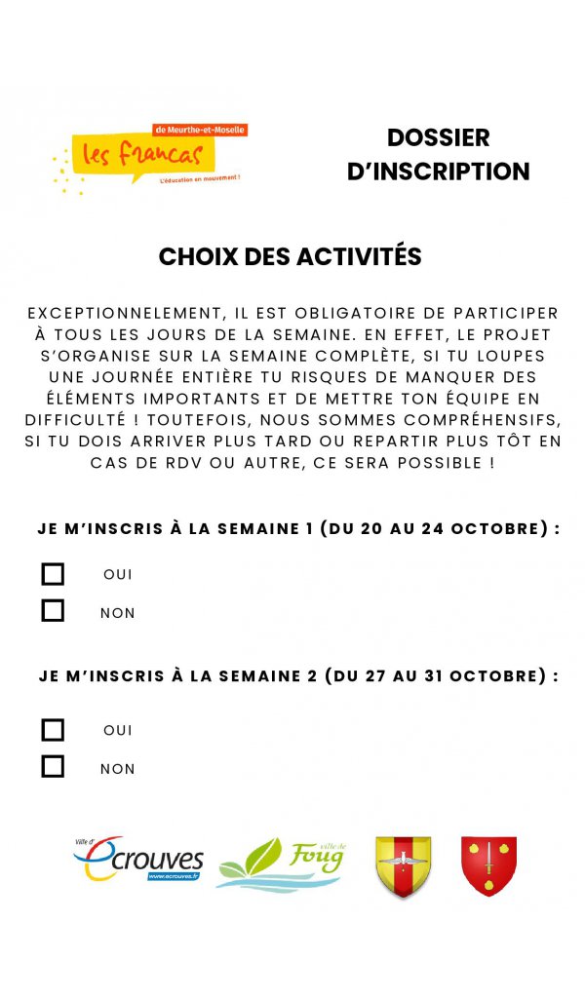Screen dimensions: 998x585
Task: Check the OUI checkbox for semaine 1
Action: click(53, 574)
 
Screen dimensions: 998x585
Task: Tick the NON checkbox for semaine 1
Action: click(53, 611)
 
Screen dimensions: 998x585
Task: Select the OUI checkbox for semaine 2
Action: click(53, 730)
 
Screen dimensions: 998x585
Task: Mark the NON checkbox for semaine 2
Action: click(53, 767)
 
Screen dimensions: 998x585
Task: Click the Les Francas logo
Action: click(146, 156)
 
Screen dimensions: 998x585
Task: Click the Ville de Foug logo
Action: click(280, 864)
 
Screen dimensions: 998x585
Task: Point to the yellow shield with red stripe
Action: click(403, 865)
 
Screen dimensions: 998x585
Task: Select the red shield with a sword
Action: click(488, 864)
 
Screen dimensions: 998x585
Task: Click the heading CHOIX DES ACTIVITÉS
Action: click(291, 257)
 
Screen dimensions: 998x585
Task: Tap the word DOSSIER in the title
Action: click(438, 138)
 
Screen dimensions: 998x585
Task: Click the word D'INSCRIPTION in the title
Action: click(438, 172)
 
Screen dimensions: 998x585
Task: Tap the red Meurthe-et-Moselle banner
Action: click(201, 130)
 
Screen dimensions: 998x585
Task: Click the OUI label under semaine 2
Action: click(117, 730)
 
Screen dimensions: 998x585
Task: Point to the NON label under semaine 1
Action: click(117, 613)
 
